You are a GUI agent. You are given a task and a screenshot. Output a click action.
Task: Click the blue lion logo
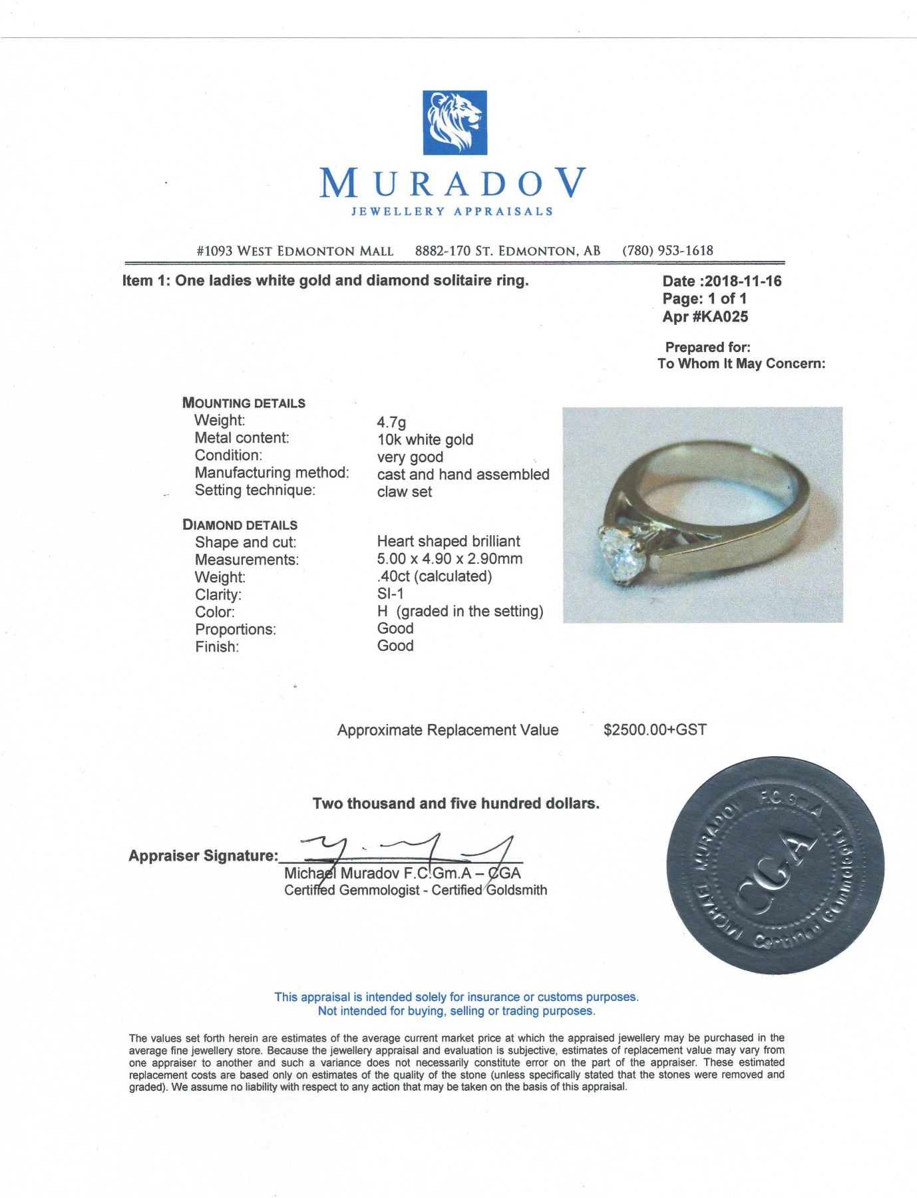tap(455, 122)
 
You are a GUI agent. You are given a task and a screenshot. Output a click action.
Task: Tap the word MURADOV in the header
tap(454, 183)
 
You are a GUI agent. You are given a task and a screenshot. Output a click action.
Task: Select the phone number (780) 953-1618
tap(667, 251)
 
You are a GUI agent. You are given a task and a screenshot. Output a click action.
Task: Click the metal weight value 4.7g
tap(391, 422)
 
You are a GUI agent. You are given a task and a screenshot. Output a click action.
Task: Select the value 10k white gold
tap(425, 439)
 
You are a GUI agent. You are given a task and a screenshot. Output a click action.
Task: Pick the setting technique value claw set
tap(404, 492)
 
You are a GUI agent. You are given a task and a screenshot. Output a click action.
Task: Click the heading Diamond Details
tap(240, 525)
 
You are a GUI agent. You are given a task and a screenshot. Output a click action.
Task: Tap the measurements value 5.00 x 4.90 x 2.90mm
tap(449, 559)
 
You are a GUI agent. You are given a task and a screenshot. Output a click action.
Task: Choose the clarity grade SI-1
tap(390, 594)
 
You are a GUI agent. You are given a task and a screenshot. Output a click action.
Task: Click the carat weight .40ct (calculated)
tap(434, 576)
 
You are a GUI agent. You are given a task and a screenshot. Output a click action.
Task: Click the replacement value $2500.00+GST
tap(655, 730)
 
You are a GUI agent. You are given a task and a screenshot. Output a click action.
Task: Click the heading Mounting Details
tap(244, 403)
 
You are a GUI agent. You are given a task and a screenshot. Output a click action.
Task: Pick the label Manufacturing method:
tap(272, 473)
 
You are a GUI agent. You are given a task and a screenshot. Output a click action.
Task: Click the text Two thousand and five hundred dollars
tap(456, 804)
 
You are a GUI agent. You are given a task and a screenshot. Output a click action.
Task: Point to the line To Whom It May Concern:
tap(741, 363)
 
